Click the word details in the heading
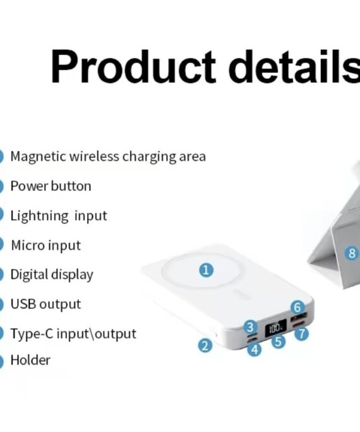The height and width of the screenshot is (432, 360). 294,66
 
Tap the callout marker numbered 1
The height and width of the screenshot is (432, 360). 206,270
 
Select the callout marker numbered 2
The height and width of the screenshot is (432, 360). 205,345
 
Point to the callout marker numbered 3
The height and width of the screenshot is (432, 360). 250,327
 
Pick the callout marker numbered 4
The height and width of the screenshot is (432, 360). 255,349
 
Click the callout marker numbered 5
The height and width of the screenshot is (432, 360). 278,341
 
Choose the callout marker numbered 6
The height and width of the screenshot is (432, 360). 297,307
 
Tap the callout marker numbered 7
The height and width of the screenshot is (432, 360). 301,333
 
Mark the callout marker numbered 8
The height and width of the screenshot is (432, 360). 352,253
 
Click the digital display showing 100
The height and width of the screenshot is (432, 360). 275,328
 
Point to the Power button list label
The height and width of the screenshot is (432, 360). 51,186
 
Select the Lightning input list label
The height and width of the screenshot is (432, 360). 59,216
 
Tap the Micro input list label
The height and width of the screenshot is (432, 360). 45,245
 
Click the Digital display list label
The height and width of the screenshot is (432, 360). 52,275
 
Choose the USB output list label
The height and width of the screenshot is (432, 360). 45,304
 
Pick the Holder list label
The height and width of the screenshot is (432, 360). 30,360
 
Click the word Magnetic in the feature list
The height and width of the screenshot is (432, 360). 39,157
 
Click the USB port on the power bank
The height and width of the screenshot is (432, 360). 299,317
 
